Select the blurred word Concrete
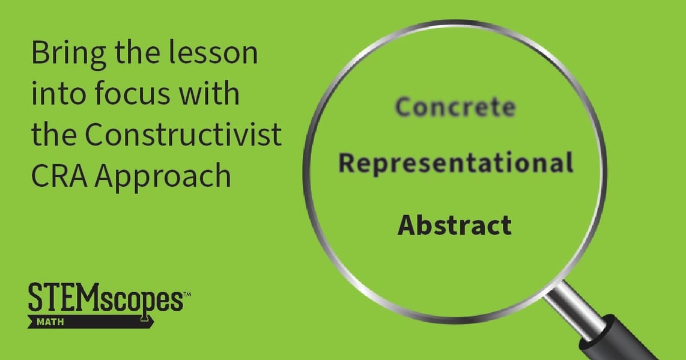click(x=455, y=108)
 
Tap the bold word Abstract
click(x=455, y=225)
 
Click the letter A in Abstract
click(x=406, y=225)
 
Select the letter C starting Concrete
click(x=403, y=108)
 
